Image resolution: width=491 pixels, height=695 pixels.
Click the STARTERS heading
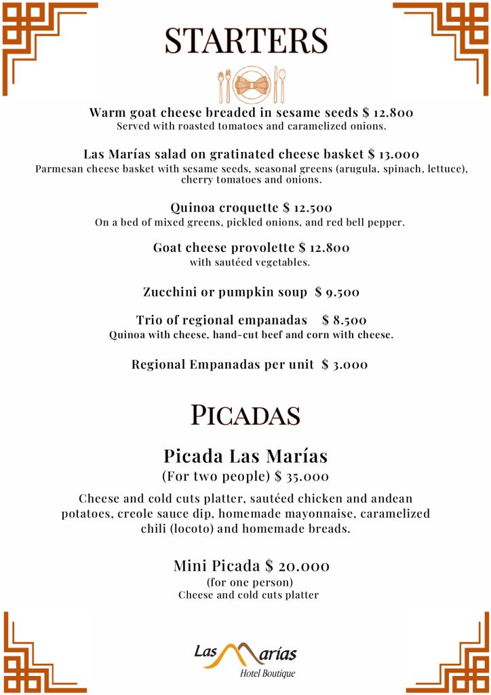pos(245,41)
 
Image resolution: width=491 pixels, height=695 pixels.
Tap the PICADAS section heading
pos(245,414)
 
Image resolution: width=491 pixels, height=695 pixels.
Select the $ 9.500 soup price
pos(337,293)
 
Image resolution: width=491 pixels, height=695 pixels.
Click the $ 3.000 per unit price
pos(345,364)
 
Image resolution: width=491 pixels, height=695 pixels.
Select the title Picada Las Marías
pos(245,455)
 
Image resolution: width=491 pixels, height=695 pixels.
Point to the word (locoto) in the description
pos(195,529)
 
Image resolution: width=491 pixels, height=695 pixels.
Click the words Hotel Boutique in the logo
pos(267,673)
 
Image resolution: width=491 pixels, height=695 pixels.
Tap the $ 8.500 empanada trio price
pos(345,320)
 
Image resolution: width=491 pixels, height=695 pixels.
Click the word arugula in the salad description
pos(355,168)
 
